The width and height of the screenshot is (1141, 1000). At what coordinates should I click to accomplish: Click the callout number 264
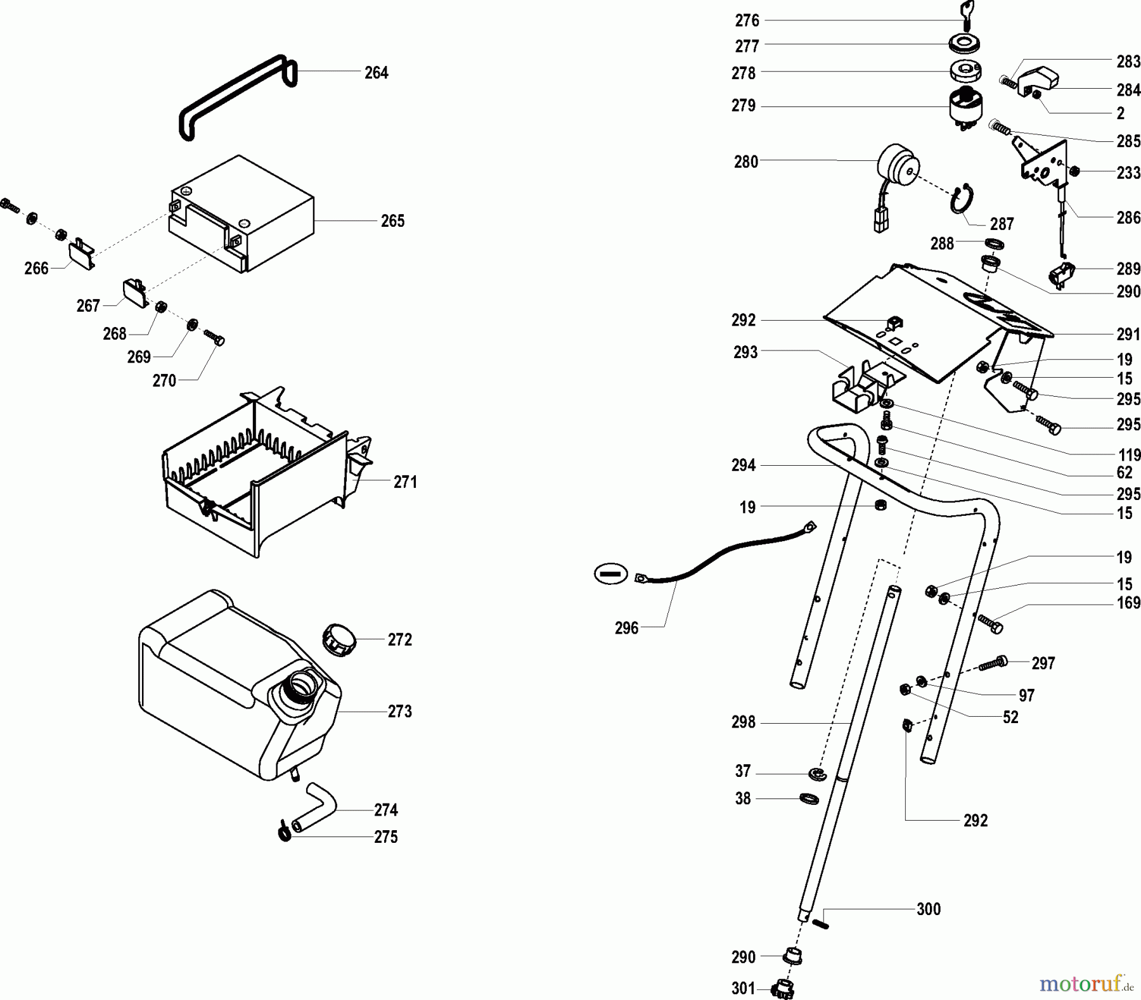click(376, 73)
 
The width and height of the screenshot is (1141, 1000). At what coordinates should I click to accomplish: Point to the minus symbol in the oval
click(610, 574)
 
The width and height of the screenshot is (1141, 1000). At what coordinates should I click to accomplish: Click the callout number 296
click(626, 628)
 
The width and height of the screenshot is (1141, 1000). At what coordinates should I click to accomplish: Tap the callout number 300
click(928, 909)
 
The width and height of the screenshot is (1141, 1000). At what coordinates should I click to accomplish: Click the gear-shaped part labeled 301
click(784, 987)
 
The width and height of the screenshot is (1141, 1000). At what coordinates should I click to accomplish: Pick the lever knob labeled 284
click(1039, 80)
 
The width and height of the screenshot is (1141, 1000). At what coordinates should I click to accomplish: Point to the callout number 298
click(743, 722)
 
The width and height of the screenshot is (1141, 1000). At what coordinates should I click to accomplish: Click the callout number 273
click(399, 712)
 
